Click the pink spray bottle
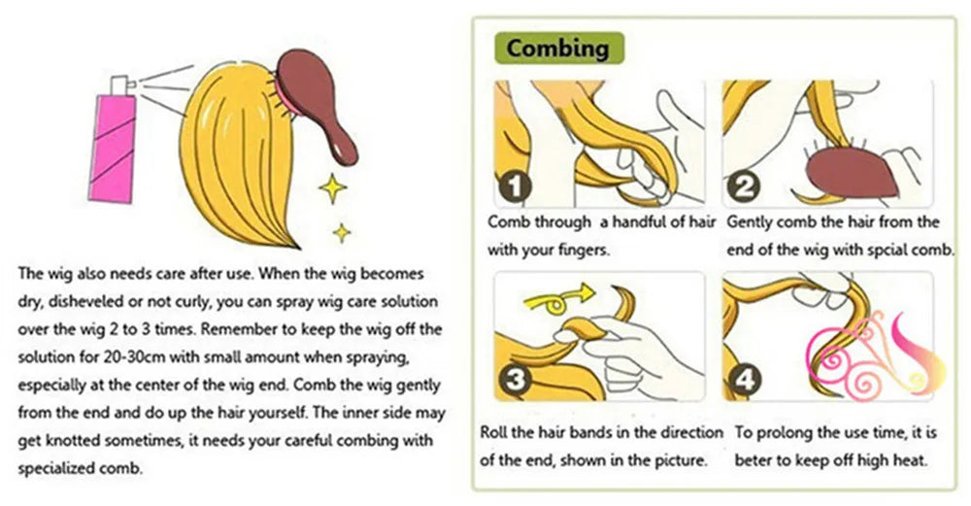(x=112, y=148)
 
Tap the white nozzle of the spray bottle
(x=122, y=85)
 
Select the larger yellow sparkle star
(x=332, y=188)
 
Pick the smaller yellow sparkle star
(x=341, y=232)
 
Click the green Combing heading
(x=558, y=49)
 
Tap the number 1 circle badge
(x=515, y=186)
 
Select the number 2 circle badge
(x=743, y=186)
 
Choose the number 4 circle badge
(x=744, y=379)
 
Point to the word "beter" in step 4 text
(x=753, y=460)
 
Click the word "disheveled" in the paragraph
(x=85, y=301)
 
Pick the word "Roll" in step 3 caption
(x=492, y=432)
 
